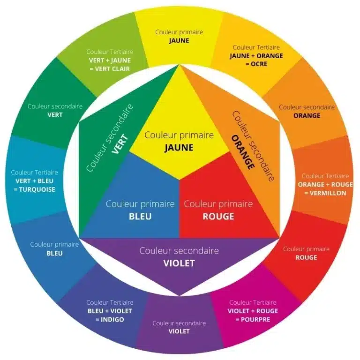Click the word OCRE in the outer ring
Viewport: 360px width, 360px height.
point(259,64)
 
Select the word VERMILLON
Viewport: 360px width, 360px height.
point(328,193)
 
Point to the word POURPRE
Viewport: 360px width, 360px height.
point(255,320)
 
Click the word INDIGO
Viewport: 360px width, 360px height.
point(112,320)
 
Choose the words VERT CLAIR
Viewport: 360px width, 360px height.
point(112,69)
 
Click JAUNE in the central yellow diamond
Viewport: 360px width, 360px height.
point(179,148)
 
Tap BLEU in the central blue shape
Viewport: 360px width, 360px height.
point(140,217)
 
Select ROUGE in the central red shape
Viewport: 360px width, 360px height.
point(218,217)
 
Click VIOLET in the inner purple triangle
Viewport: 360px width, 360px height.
point(179,263)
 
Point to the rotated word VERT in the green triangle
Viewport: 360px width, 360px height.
point(120,144)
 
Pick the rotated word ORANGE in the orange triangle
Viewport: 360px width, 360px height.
point(243,152)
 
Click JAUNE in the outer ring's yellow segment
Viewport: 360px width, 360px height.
point(179,41)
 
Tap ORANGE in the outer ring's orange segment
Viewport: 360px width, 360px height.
point(307,115)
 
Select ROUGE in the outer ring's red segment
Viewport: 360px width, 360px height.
point(306,258)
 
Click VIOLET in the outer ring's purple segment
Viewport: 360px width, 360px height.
point(179,331)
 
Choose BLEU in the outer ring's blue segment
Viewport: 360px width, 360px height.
point(55,254)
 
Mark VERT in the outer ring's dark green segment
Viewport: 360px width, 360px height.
point(55,115)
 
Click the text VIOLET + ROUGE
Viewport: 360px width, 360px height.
point(253,311)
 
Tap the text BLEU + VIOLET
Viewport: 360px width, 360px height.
point(110,311)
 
